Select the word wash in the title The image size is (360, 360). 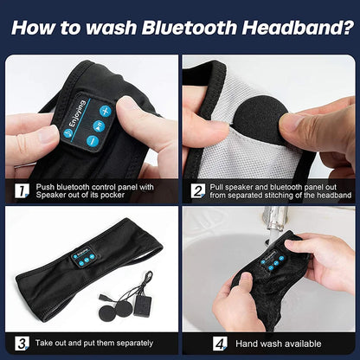[x=103, y=28]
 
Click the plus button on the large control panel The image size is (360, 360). [x=105, y=112]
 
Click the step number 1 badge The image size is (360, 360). [x=21, y=189]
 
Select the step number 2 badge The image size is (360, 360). [x=198, y=189]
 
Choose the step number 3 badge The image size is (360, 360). [x=21, y=343]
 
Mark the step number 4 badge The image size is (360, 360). [x=198, y=343]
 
